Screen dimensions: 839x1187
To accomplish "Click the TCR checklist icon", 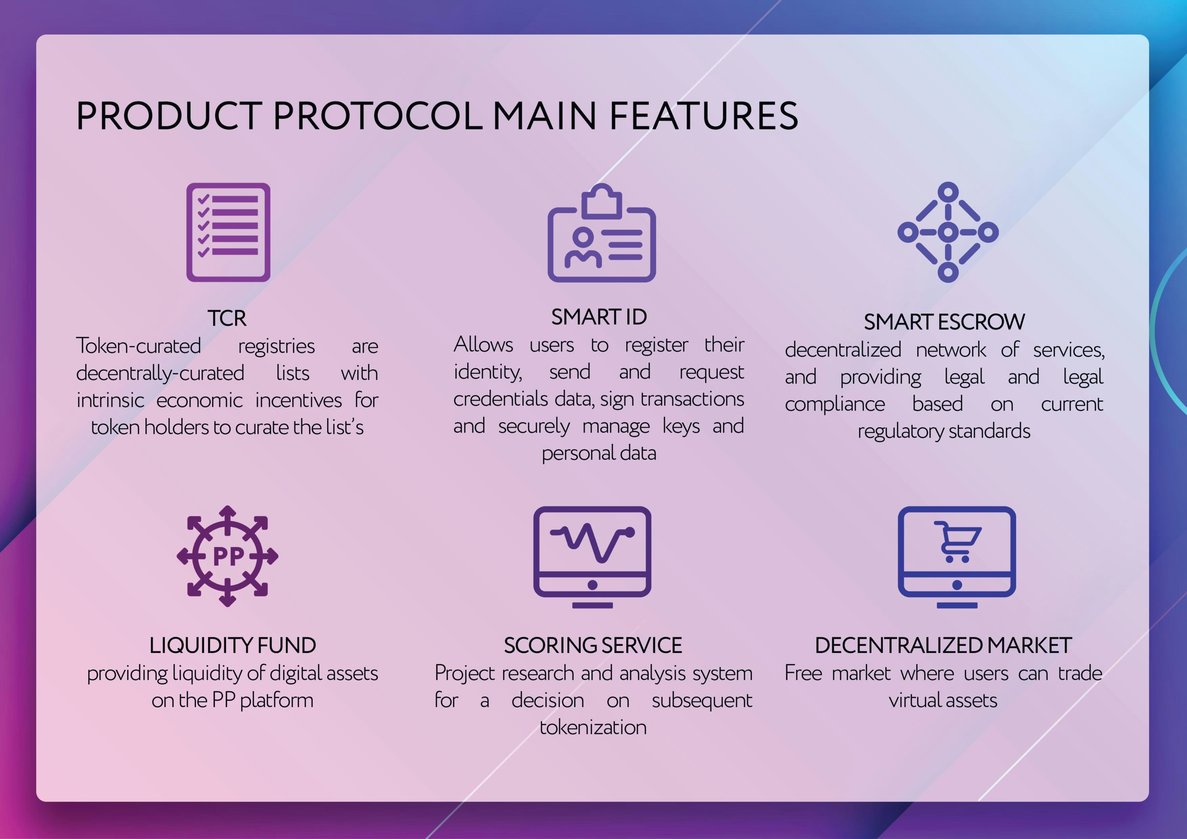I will click(x=228, y=232).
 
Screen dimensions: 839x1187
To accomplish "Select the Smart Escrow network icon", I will click(x=948, y=232).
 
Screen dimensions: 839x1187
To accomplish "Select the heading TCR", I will click(x=227, y=318).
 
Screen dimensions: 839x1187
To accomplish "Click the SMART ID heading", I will click(x=599, y=317).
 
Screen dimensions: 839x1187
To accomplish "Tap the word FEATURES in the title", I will click(x=704, y=116).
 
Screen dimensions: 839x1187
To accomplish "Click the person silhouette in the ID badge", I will click(x=583, y=248).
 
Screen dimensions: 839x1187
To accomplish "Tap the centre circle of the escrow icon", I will click(x=948, y=232).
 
